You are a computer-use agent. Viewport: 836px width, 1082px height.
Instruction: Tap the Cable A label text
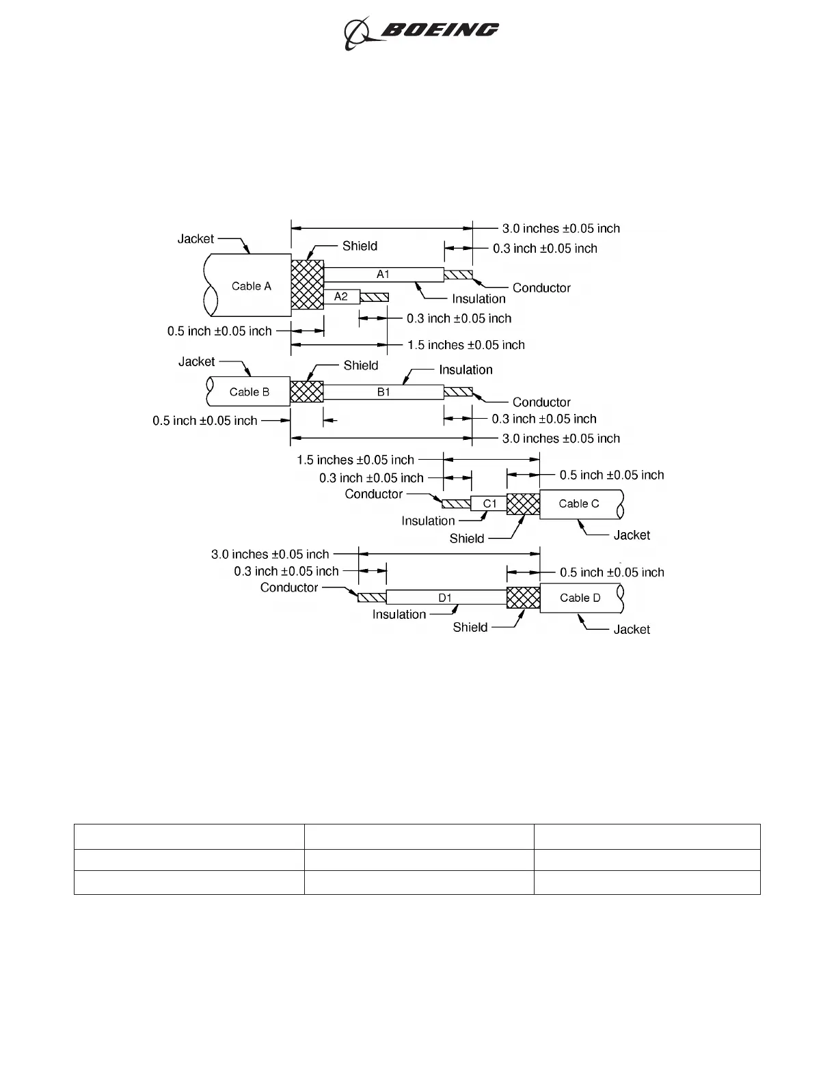(x=251, y=286)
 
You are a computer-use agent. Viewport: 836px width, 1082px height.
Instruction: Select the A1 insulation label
(x=383, y=274)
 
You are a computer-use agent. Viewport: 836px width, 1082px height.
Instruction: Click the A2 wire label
(x=340, y=296)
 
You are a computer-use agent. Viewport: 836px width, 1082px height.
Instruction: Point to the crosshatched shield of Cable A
(x=307, y=285)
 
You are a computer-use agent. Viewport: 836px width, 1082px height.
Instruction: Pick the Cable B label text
(x=249, y=392)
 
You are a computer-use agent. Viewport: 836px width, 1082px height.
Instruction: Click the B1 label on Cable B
(x=383, y=392)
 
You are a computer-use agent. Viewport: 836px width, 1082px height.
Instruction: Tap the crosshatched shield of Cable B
(x=306, y=392)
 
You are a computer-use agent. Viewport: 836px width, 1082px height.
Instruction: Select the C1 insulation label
(x=489, y=504)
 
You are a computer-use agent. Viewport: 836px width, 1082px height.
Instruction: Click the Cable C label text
(x=578, y=504)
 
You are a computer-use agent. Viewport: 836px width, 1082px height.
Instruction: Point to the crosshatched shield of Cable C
(x=523, y=504)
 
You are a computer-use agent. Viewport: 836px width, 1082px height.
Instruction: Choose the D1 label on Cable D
(x=445, y=598)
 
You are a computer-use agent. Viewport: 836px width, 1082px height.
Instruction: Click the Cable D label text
(x=580, y=598)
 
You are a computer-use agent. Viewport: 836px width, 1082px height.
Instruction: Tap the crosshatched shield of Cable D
(x=523, y=598)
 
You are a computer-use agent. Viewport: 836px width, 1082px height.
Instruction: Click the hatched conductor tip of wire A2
(x=374, y=297)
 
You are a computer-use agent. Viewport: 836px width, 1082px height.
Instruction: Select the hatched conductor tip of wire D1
(x=372, y=598)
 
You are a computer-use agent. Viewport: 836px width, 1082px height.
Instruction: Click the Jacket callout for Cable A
(x=195, y=239)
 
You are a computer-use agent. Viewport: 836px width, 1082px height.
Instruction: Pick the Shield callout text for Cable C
(x=467, y=539)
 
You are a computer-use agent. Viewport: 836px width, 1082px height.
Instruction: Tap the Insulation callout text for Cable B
(x=466, y=370)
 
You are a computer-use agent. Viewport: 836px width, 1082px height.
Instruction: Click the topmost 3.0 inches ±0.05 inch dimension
(x=561, y=229)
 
